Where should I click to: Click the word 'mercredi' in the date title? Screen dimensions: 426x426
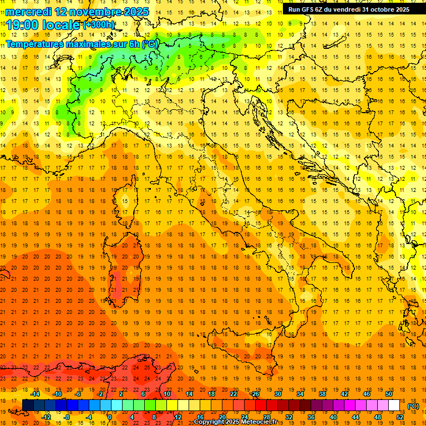tap(27, 11)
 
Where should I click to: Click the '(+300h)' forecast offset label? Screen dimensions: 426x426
tap(99, 25)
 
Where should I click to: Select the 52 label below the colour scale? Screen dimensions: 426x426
tap(400, 417)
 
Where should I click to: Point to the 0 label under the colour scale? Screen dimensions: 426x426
tap(110, 417)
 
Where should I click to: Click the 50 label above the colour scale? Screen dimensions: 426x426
tap(389, 394)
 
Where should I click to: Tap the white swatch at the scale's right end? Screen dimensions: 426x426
tap(394, 405)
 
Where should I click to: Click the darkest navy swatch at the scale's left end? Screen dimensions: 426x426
tap(28, 405)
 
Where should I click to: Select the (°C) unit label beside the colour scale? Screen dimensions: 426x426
tap(413, 406)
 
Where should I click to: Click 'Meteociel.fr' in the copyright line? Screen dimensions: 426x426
tap(259, 422)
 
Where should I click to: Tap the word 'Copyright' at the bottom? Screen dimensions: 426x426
tap(209, 422)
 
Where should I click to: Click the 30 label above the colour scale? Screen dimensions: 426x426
tap(278, 394)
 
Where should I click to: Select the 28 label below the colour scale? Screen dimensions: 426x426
tap(267, 417)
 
